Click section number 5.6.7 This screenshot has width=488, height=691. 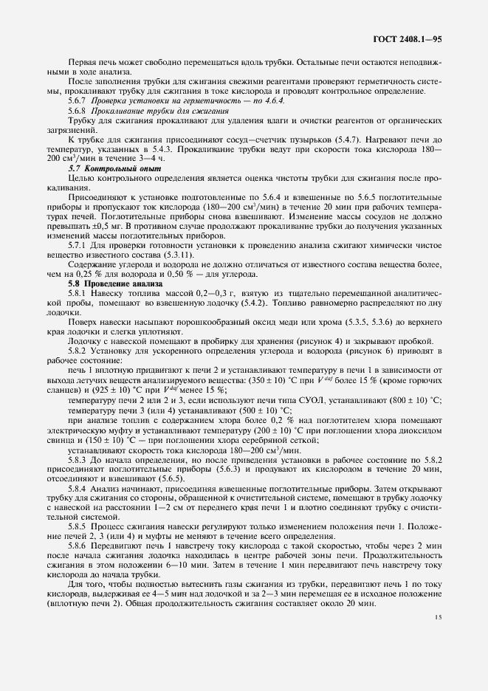pos(77,99)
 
